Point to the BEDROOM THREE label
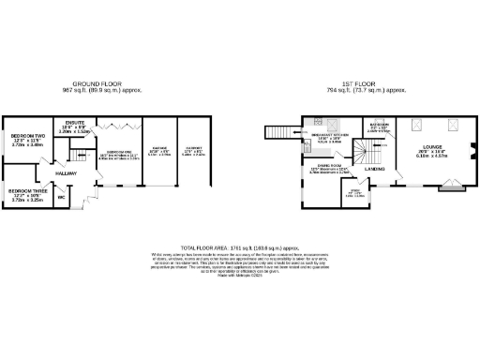coord(25,191)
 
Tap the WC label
coord(62,197)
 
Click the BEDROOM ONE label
coord(118,152)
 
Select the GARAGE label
coord(158,149)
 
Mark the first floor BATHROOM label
coord(379,125)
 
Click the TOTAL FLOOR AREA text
coord(239,243)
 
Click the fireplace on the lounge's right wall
coord(472,153)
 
